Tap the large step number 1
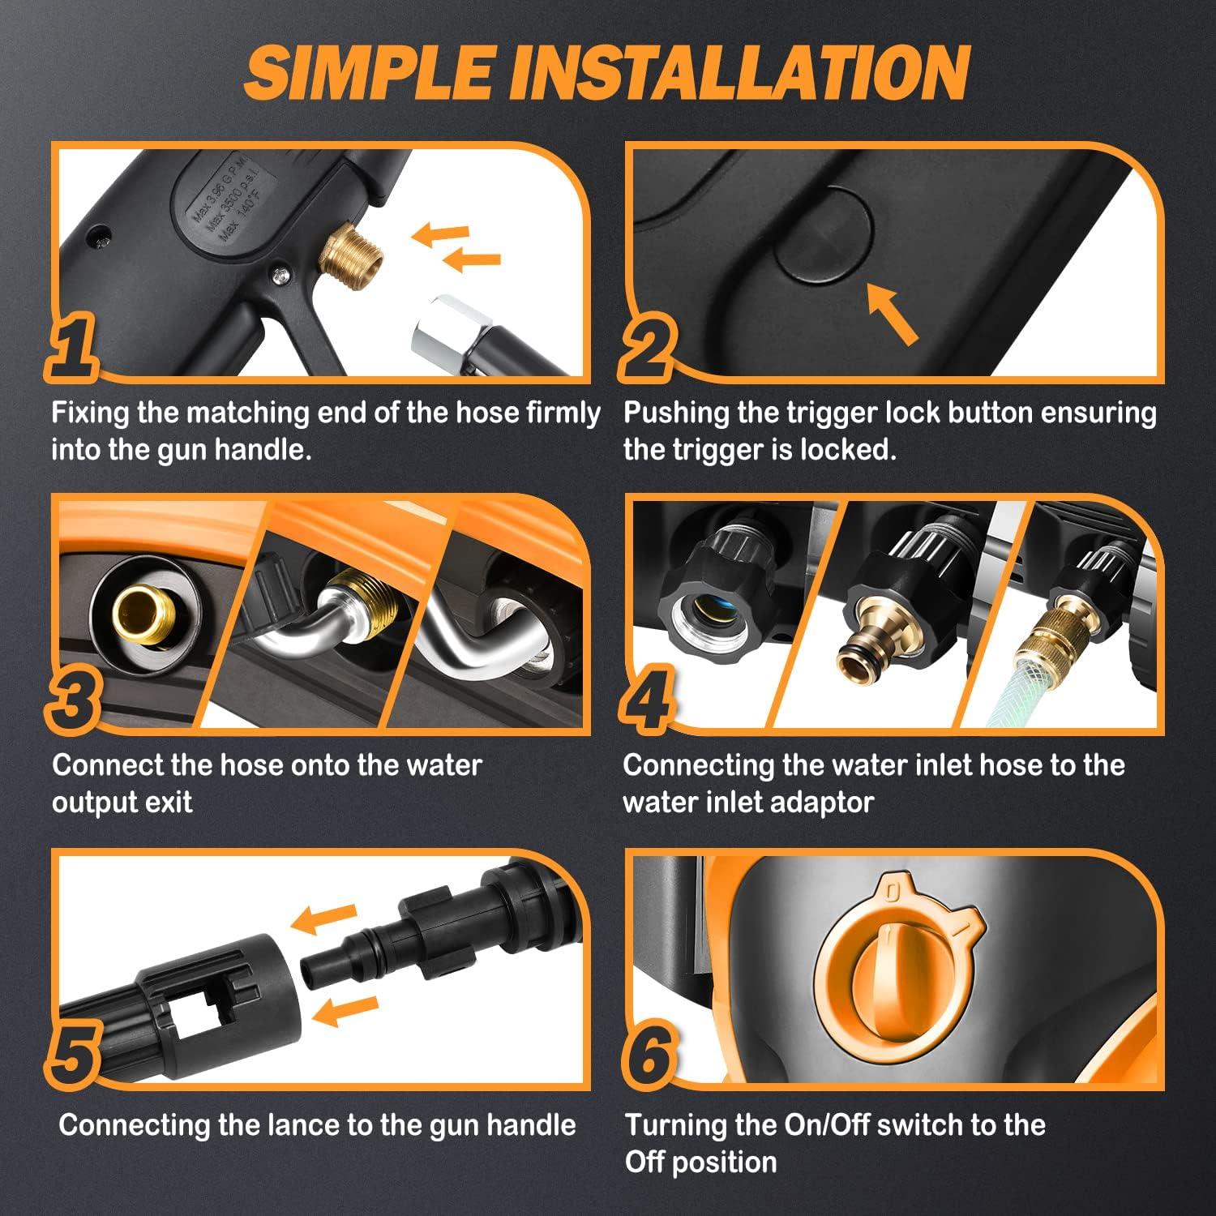(75, 349)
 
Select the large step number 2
(648, 349)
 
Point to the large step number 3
(75, 701)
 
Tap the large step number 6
(649, 1054)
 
